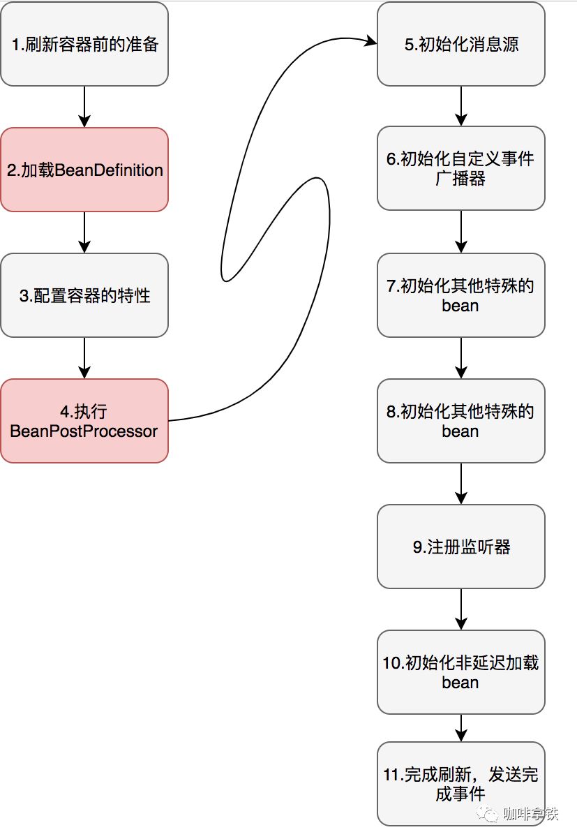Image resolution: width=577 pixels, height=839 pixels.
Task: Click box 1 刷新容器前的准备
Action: coord(84,44)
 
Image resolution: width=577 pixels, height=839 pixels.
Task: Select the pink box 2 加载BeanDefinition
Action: coord(84,170)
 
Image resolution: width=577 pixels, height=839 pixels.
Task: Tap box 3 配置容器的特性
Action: coord(84,295)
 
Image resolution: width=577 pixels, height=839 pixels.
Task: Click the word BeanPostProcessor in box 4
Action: coord(84,431)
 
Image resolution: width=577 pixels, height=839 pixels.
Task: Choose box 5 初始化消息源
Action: coord(460,44)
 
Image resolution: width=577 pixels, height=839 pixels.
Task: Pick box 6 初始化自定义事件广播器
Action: coord(460,168)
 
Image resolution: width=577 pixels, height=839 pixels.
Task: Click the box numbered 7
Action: coord(460,295)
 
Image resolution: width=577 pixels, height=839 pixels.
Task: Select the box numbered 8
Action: coord(460,421)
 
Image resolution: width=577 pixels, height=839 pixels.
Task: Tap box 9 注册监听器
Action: coord(460,547)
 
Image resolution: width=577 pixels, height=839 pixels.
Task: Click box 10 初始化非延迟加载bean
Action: coord(460,672)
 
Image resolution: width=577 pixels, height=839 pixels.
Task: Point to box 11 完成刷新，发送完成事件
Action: coord(460,784)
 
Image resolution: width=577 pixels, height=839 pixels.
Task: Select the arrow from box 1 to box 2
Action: coord(84,106)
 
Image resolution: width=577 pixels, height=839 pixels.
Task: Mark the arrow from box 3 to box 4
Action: coord(84,357)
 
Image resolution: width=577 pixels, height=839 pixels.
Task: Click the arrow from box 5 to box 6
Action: coord(461,106)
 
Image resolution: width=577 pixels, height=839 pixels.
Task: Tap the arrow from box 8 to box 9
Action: coord(461,483)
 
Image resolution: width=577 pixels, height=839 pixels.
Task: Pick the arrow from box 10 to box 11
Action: coord(461,728)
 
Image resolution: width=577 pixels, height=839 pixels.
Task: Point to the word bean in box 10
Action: coord(460,682)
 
